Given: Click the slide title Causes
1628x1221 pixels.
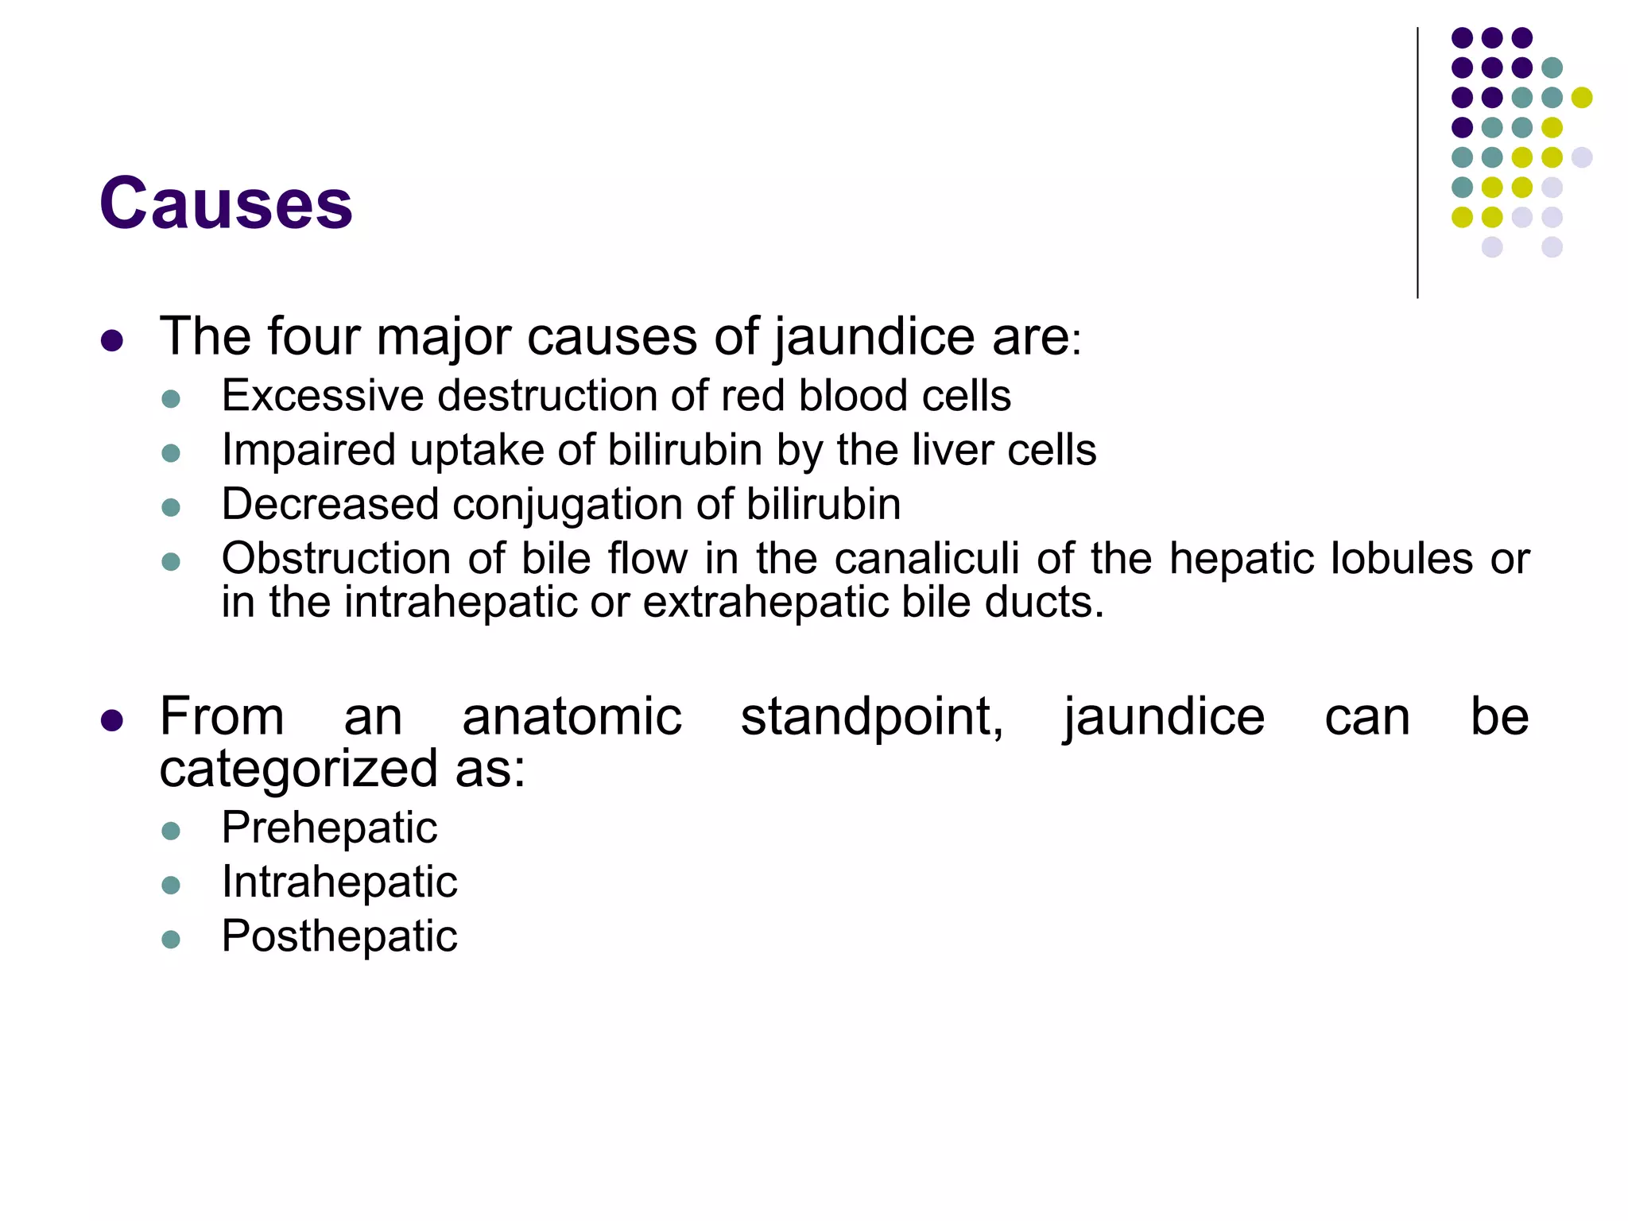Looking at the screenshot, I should tap(226, 203).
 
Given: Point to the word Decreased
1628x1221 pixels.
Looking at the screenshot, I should tap(330, 504).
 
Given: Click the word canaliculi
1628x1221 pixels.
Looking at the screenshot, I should tap(926, 558).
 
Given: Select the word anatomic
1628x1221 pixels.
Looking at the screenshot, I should tap(572, 717).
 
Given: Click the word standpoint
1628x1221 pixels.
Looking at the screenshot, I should tap(872, 717).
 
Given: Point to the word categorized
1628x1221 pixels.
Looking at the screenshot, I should tap(299, 769).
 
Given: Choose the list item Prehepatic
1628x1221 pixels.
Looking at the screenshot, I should tap(329, 828).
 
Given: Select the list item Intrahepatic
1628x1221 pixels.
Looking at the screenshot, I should tap(339, 882).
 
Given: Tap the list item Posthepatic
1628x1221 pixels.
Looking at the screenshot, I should tap(339, 936).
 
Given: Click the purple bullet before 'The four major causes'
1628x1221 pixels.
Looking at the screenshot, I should tap(112, 341).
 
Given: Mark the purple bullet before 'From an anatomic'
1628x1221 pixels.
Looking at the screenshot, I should tap(112, 721).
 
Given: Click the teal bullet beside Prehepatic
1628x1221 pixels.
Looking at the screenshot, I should tap(171, 831).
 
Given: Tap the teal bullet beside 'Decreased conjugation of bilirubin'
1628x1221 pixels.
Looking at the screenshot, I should tap(171, 507).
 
